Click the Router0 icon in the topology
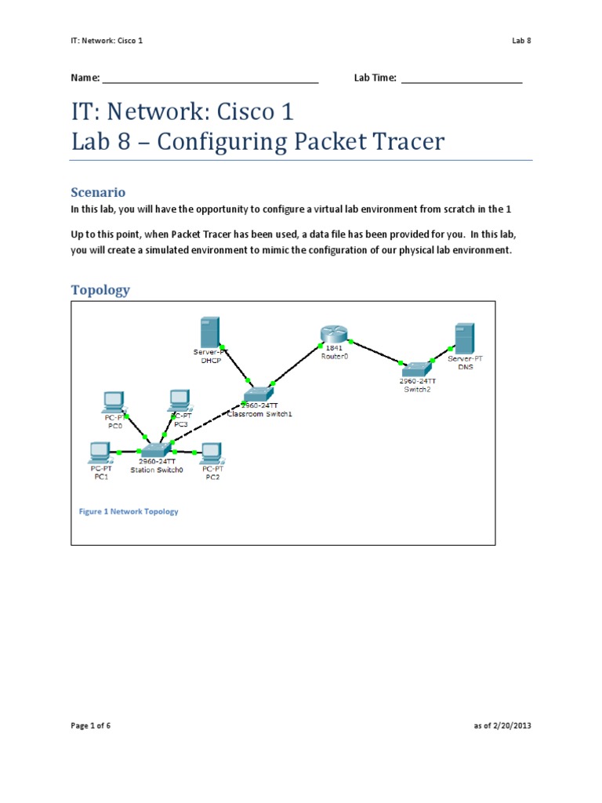[332, 335]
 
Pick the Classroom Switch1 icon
[258, 393]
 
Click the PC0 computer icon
[114, 401]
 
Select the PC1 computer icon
[100, 452]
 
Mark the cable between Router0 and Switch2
[376, 352]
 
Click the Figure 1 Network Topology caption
[129, 511]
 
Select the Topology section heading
[100, 290]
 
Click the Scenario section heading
[98, 192]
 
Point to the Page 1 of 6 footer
[91, 726]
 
